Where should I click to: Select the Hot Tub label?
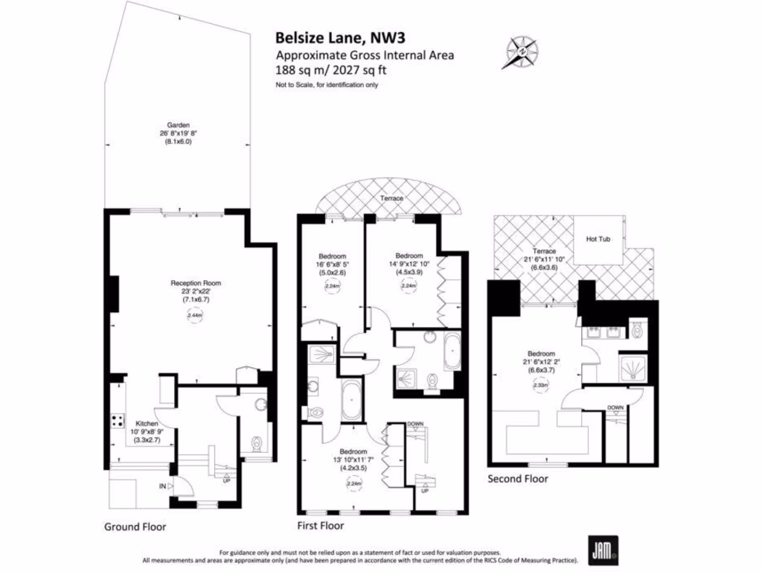598,239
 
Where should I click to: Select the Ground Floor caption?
135,527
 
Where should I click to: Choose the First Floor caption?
321,527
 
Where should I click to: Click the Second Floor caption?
518,479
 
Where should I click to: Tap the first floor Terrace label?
391,199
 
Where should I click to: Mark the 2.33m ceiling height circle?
540,385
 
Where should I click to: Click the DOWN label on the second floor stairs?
615,407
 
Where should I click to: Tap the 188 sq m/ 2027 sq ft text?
331,70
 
